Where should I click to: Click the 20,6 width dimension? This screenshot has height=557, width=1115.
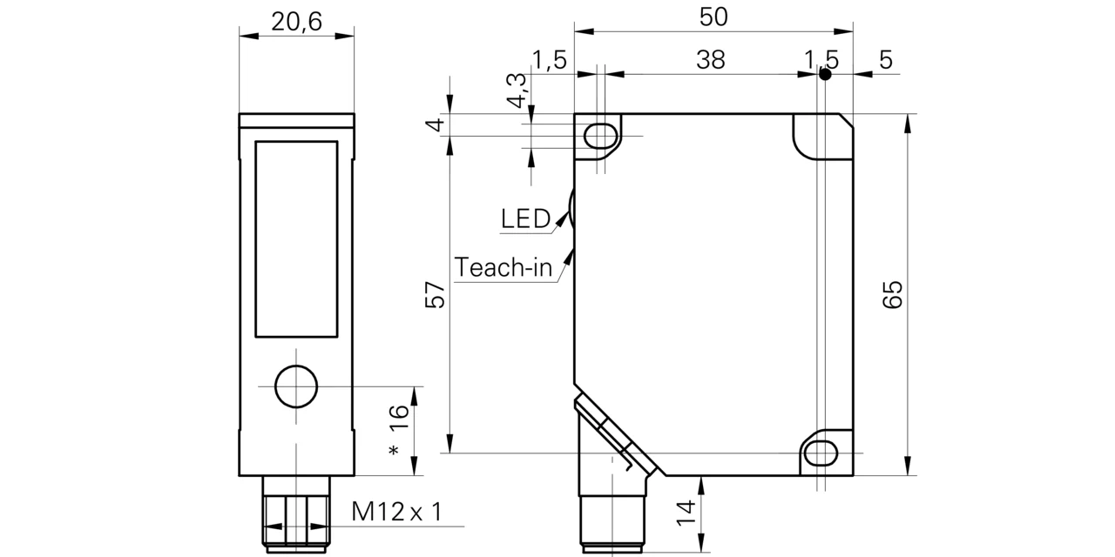[297, 23]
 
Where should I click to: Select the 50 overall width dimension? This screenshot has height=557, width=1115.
[713, 17]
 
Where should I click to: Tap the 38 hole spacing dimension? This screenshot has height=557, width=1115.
[710, 60]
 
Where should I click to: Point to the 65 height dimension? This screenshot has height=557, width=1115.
[893, 294]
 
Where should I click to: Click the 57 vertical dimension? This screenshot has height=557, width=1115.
[435, 295]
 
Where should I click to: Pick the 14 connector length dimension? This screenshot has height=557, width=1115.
[686, 513]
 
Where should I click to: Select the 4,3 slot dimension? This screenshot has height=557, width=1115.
[517, 91]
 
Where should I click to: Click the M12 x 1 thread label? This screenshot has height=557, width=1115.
[396, 511]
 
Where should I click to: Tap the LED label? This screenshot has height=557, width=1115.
[525, 218]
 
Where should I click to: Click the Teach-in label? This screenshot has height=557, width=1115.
[503, 267]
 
